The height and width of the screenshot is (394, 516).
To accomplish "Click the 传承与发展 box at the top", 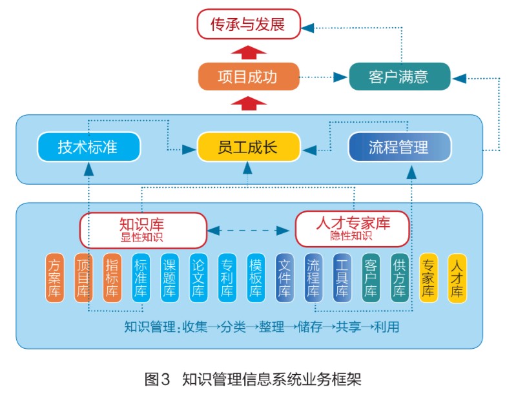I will [248, 25].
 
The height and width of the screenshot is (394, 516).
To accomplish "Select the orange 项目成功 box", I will [248, 77].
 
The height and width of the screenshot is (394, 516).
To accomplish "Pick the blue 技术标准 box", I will [88, 147].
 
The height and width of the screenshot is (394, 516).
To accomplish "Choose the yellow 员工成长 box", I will [248, 147].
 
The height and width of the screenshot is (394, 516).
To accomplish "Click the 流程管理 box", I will [399, 147].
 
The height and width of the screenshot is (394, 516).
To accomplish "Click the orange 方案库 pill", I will [55, 278].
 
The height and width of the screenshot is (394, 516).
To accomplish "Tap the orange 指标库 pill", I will [112, 278].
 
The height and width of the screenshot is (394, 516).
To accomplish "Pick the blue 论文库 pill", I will [199, 278].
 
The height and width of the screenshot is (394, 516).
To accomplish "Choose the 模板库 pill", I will [256, 278].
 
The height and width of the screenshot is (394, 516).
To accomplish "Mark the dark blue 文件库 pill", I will [285, 278].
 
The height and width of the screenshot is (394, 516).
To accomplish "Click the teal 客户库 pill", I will [371, 278].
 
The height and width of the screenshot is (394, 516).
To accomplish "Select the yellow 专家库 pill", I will [428, 278].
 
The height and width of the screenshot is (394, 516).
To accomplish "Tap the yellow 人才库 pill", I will [457, 278].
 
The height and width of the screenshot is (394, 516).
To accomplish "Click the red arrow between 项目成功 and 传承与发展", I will [248, 52].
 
